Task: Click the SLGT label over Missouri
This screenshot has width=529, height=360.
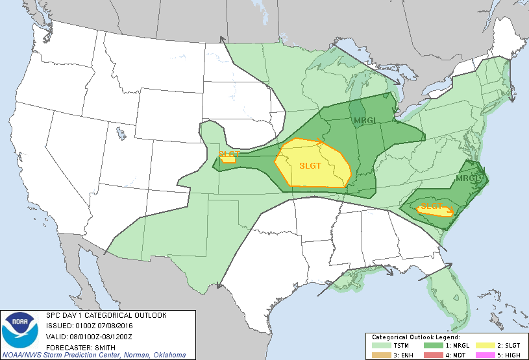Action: point(310,165)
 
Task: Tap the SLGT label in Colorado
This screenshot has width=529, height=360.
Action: point(228,154)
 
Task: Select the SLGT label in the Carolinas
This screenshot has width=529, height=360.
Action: point(430,208)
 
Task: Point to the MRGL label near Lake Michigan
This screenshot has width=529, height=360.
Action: point(364,121)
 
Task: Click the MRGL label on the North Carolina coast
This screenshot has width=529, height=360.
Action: point(467,178)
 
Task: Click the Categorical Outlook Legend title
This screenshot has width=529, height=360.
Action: point(415,338)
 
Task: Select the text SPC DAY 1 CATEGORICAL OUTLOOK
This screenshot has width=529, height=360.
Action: point(106,315)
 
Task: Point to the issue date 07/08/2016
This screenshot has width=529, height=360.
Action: point(113,326)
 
